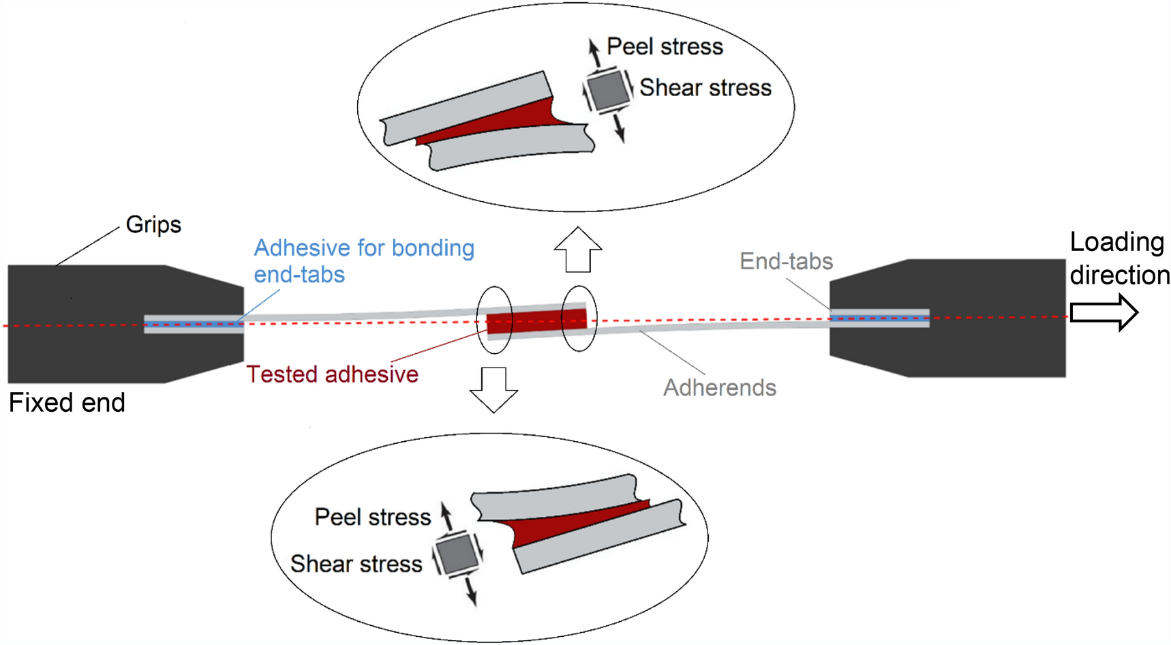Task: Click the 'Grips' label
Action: coord(153,224)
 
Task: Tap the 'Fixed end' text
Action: coord(67,403)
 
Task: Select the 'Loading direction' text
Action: coord(1119,258)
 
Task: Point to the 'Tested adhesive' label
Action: coord(332,374)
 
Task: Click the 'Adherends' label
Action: coord(720,388)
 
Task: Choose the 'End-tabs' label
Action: coord(786,261)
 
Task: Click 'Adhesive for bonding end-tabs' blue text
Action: coord(363,261)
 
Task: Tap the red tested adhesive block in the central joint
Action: coord(537,321)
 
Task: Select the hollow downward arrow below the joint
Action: coord(493,389)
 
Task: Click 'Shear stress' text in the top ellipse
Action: coord(705,88)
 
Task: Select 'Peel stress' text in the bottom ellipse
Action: coord(372,517)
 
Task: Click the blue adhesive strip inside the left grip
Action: coord(194,324)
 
